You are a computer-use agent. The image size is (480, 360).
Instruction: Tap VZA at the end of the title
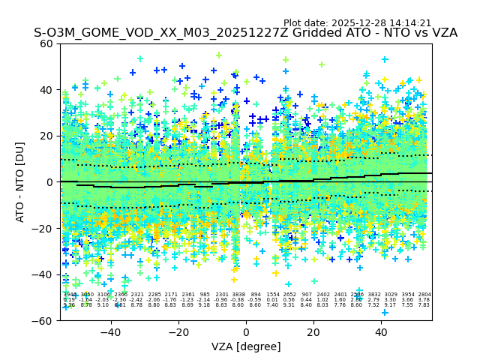point(444,34)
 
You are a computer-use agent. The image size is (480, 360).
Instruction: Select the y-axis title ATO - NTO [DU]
point(21,182)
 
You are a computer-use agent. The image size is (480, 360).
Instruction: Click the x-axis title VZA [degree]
point(246,346)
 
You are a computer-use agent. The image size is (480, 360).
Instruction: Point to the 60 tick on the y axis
point(46,43)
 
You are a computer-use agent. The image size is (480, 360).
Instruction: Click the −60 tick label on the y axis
point(43,320)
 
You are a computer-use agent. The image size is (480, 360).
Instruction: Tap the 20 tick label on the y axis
point(46,136)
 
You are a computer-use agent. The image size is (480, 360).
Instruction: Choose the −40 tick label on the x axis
point(110,331)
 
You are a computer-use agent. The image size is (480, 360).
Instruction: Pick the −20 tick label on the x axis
point(178,331)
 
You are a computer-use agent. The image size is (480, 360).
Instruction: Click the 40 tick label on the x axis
point(382,331)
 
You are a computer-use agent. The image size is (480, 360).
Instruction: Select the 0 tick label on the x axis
point(246,331)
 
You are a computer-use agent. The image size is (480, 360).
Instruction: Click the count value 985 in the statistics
point(205,295)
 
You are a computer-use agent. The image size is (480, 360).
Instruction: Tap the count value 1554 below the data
point(273,295)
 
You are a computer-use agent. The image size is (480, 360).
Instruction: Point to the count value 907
point(307,295)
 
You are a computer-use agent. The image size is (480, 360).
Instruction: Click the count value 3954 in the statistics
point(407,295)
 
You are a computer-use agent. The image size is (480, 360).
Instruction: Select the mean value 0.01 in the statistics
point(273,300)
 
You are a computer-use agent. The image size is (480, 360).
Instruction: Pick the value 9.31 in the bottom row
point(289,305)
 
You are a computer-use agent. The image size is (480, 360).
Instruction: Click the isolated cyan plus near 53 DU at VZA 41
point(385,59)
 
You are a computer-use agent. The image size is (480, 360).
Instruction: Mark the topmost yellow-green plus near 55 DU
point(219,55)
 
